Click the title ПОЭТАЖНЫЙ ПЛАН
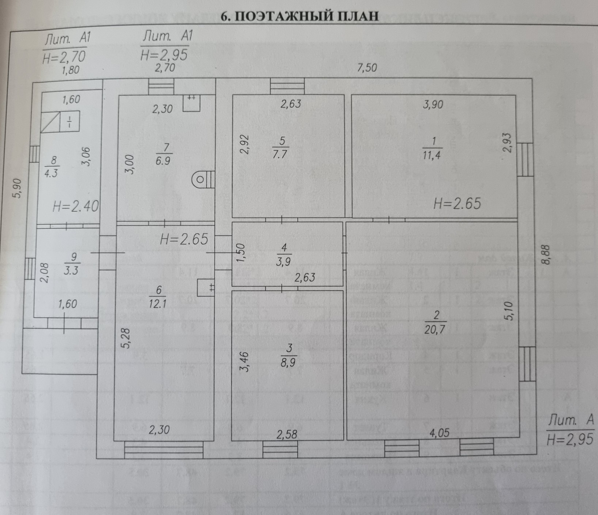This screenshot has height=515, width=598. [x=300, y=17]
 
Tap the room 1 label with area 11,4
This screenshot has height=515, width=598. [x=433, y=148]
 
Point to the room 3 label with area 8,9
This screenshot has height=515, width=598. [x=289, y=355]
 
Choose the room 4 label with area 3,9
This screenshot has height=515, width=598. [x=284, y=254]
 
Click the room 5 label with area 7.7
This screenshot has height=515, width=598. [x=280, y=147]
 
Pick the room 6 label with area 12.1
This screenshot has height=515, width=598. [x=158, y=297]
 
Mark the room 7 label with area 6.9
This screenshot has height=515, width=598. [x=163, y=154]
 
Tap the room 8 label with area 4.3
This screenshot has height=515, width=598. [x=52, y=167]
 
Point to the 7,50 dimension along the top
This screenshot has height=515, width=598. [x=366, y=68]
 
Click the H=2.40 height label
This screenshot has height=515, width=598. [x=76, y=207]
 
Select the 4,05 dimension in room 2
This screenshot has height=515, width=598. [x=439, y=433]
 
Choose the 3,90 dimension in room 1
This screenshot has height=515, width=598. [x=433, y=104]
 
